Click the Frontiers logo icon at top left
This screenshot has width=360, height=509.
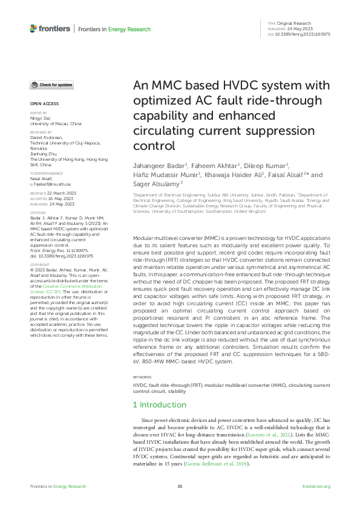coord(33,28)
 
